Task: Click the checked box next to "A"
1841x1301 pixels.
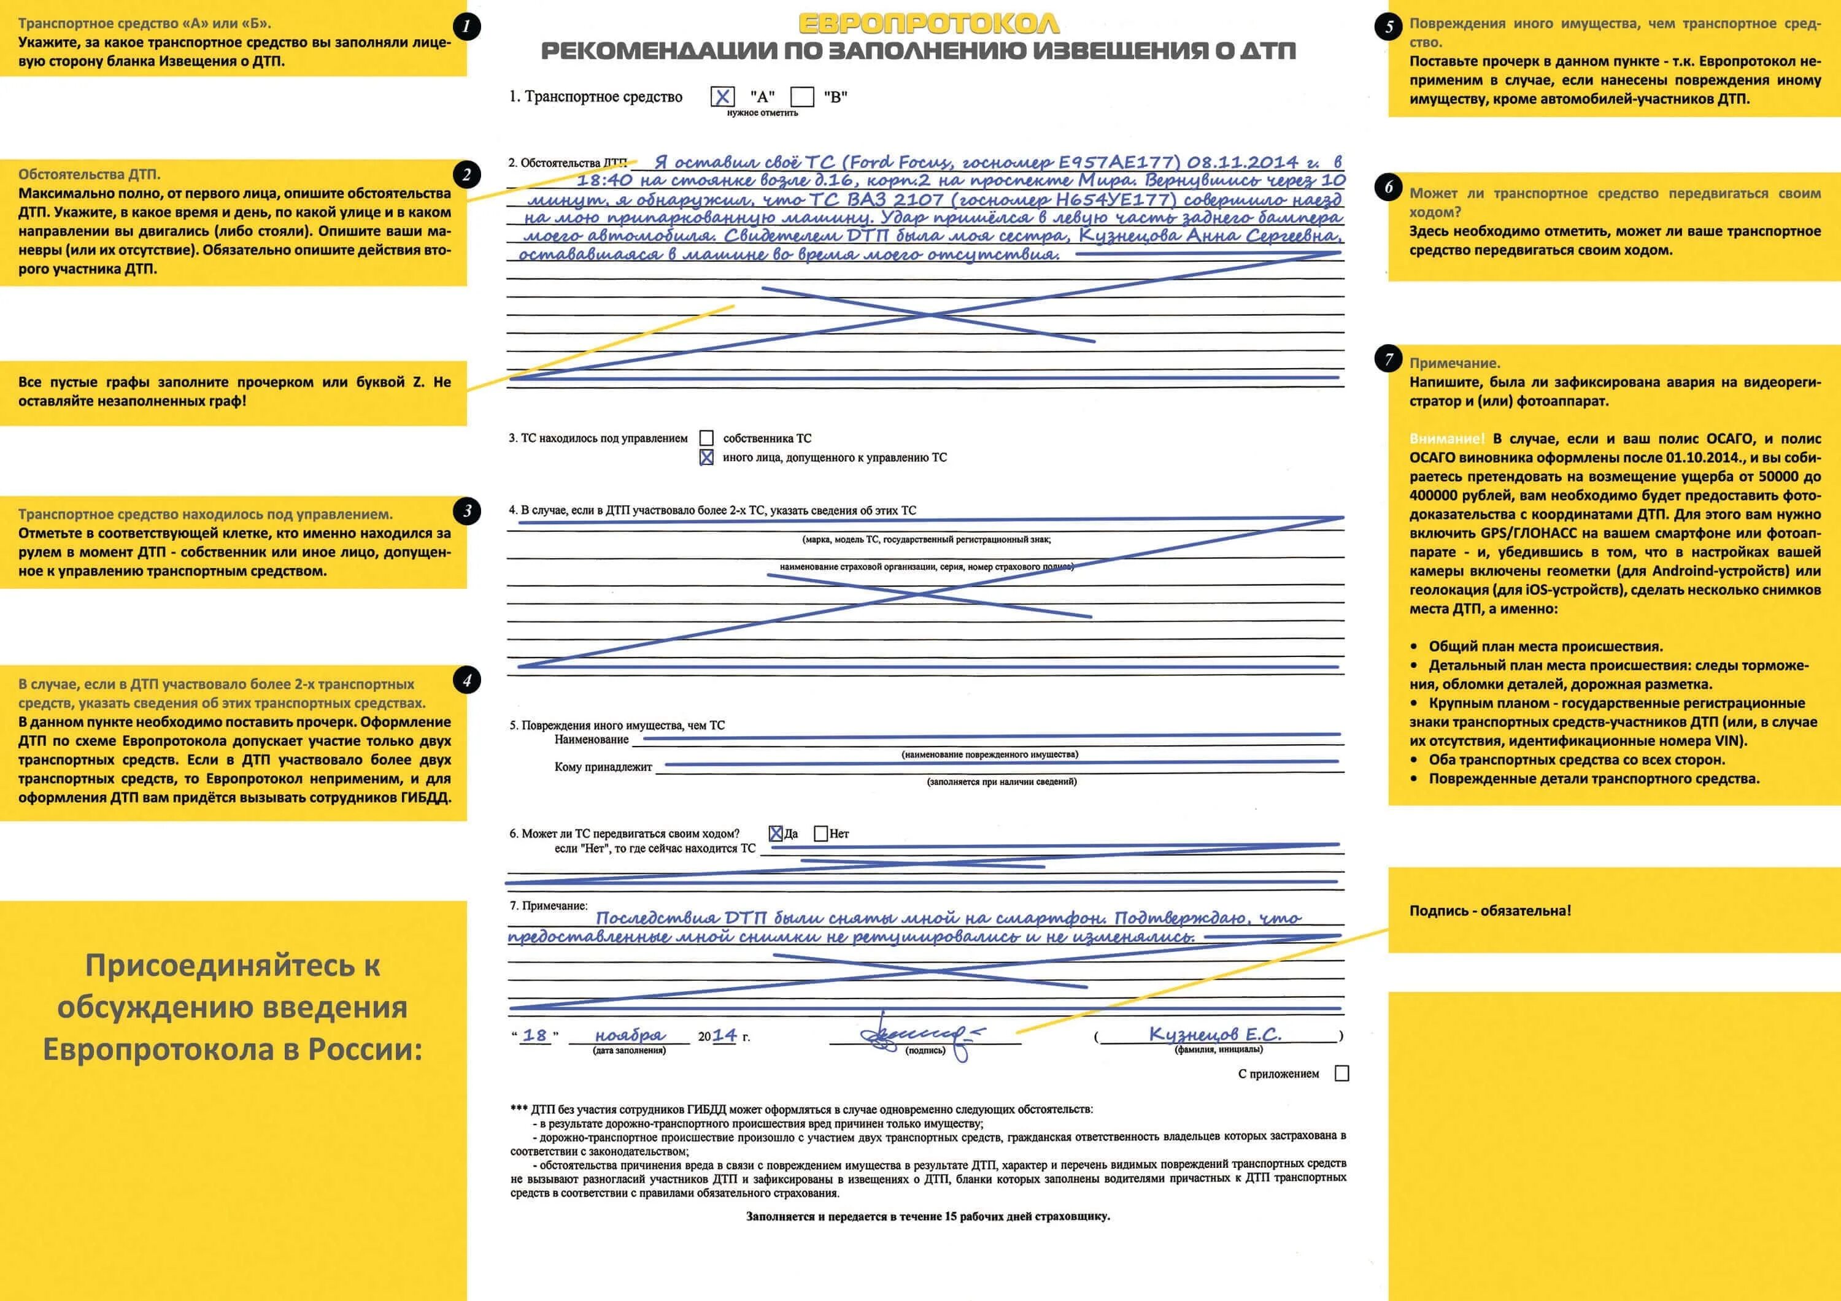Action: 722,97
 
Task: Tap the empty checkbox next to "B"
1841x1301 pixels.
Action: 802,97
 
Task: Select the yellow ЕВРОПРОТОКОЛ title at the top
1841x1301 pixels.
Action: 928,24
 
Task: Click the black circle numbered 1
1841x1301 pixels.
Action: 466,26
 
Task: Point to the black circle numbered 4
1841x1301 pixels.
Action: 466,681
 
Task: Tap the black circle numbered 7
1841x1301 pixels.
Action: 1389,359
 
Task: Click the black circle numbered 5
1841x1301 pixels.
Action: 1389,26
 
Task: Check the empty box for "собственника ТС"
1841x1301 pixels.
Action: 706,439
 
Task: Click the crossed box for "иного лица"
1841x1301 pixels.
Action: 706,458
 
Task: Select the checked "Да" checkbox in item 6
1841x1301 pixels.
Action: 776,834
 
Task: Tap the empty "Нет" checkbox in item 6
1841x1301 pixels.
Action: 820,834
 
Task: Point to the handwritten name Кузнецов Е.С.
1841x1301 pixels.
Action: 1215,1034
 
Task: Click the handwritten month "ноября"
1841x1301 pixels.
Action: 630,1035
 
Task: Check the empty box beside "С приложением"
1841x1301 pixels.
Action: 1341,1073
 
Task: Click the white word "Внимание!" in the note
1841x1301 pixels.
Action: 1446,439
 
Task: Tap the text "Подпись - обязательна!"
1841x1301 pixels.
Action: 1490,911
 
